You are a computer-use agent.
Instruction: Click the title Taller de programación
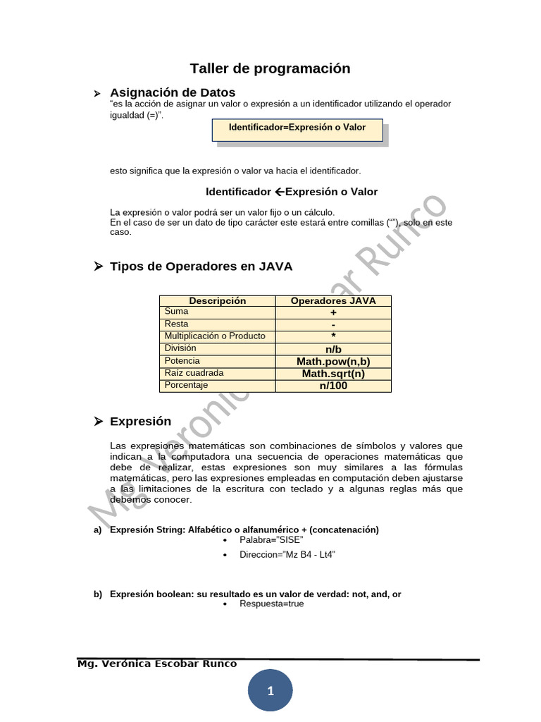(x=270, y=68)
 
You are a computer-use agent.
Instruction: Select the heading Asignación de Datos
(x=173, y=92)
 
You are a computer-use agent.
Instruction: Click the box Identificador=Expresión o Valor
(x=297, y=128)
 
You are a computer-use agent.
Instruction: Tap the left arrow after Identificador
(x=279, y=192)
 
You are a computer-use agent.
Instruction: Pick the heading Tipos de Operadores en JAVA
(x=201, y=267)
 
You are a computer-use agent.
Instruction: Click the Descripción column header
(x=218, y=301)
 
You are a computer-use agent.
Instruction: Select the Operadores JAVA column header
(x=333, y=301)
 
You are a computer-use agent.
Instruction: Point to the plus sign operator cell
(x=333, y=312)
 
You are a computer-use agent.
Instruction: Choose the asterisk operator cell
(x=333, y=337)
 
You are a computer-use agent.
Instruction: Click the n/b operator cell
(x=333, y=349)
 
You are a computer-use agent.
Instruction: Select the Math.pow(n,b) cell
(x=333, y=361)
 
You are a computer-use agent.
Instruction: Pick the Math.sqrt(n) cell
(x=333, y=374)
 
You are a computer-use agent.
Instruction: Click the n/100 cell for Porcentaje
(x=333, y=386)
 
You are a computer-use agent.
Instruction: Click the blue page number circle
(x=270, y=691)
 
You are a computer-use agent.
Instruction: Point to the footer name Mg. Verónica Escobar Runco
(x=157, y=664)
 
